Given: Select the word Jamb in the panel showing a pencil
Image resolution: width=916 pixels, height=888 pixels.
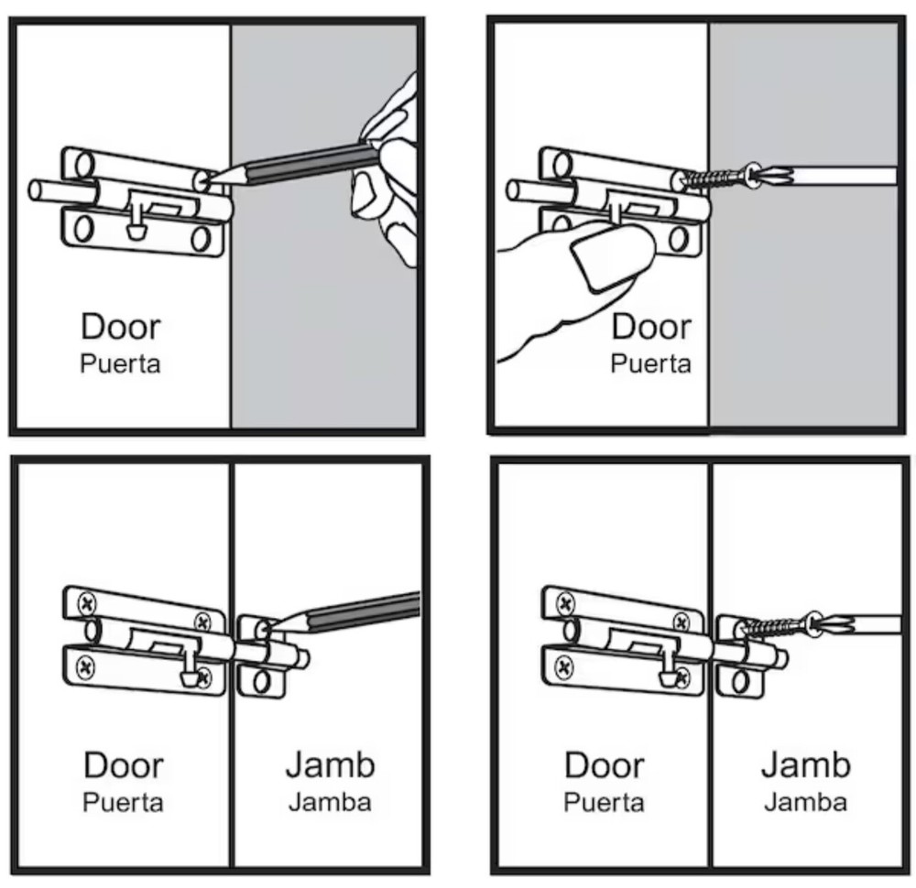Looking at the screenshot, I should pos(329,765).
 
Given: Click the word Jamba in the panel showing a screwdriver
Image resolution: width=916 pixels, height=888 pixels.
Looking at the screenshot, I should pos(805,803).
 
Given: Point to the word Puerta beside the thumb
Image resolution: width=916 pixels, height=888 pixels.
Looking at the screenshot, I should pos(650,363).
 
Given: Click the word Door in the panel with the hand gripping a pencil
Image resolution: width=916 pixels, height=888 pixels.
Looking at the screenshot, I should pos(120,326).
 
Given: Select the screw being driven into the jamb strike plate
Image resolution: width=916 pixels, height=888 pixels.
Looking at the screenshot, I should pos(774,628).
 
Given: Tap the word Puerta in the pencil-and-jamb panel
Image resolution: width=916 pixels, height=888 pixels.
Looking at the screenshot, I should pos(123,803).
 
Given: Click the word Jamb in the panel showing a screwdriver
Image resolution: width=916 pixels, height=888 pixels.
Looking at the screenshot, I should pos(805,764).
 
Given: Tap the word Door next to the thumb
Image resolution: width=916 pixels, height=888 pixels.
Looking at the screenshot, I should pos(650,326).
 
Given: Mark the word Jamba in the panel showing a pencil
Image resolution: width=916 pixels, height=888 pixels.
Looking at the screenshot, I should pos(329,803).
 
